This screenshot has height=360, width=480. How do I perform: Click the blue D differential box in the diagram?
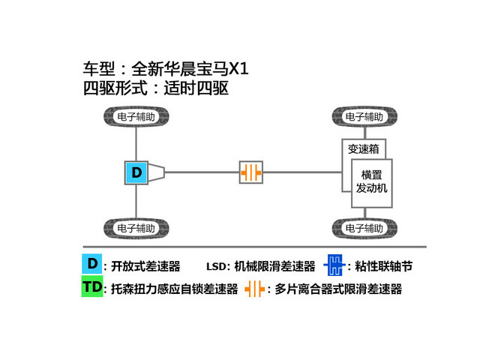click(x=136, y=172)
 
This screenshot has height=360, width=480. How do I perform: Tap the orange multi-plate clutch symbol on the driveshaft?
click(x=251, y=172)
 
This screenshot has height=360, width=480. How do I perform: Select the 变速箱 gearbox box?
click(x=363, y=149)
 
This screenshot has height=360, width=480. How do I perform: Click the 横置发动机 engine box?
click(x=372, y=183)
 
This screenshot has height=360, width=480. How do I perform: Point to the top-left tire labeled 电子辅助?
click(x=136, y=117)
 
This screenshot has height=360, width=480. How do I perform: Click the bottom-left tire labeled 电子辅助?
click(x=136, y=228)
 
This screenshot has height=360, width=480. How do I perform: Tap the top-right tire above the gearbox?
click(x=364, y=117)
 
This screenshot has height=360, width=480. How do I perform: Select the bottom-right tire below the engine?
click(x=364, y=228)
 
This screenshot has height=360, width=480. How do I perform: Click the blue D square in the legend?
click(x=91, y=263)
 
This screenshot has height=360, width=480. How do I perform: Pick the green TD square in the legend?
click(x=91, y=286)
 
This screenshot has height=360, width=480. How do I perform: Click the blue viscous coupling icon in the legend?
click(x=335, y=265)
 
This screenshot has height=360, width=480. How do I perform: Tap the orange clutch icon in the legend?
click(x=255, y=289)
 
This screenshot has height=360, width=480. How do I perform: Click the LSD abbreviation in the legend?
click(x=216, y=267)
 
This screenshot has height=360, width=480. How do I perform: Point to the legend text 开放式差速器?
click(x=145, y=266)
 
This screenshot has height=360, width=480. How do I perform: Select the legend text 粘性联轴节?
click(x=384, y=266)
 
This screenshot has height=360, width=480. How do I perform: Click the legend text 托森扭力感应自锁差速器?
click(x=175, y=289)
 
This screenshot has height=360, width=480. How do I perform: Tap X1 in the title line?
click(x=238, y=68)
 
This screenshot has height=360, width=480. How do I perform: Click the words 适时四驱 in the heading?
click(x=196, y=88)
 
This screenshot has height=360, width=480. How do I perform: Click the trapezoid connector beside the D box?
click(x=157, y=172)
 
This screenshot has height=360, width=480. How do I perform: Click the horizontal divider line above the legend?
click(x=255, y=247)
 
